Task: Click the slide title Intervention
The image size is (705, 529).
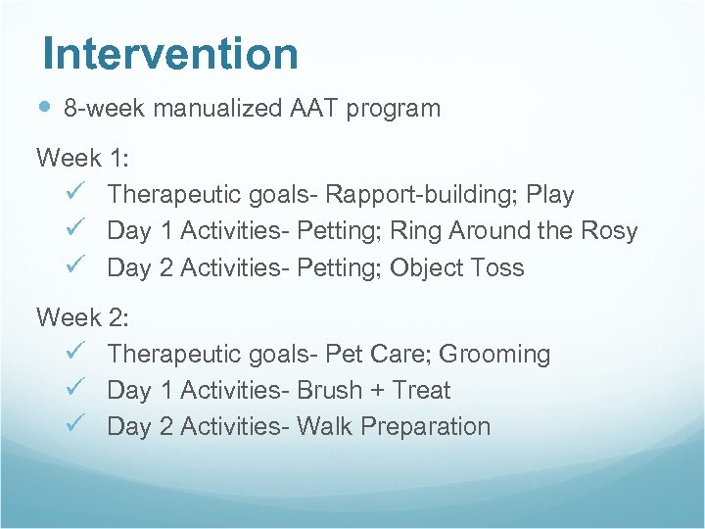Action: point(170,54)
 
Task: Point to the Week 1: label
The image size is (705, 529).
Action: point(82,158)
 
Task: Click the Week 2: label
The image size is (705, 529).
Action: point(82,317)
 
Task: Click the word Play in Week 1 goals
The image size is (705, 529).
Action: point(549,195)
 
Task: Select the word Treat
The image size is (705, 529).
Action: point(421,390)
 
